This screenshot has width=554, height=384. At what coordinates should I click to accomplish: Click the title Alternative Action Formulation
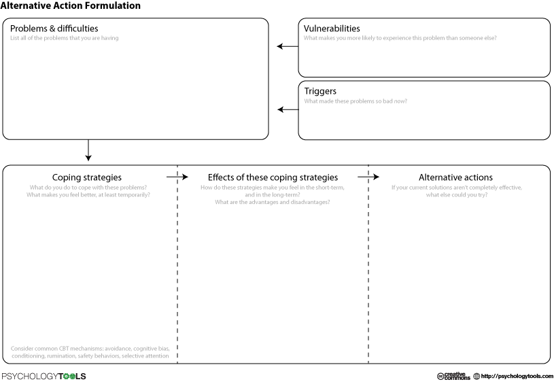point(70,5)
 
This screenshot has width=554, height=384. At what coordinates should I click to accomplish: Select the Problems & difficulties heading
point(54,29)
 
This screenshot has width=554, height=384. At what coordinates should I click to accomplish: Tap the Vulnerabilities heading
point(332,29)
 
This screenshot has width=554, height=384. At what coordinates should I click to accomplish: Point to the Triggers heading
point(320,91)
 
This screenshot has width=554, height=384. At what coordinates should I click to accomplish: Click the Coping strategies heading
point(87,177)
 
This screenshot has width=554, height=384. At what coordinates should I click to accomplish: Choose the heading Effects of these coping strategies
point(273,177)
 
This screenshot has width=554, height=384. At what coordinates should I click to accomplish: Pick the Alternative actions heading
point(456,177)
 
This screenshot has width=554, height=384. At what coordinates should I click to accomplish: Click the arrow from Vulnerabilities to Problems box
point(288,46)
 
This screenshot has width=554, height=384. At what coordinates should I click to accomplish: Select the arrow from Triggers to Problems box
point(288,109)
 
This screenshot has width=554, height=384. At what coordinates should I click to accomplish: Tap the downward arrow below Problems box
point(88,150)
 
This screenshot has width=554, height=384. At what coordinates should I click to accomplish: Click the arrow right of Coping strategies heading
point(177,177)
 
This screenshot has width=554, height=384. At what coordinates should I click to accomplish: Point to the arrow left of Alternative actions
point(368,177)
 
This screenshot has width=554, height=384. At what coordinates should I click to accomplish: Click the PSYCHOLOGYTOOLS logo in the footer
point(44,377)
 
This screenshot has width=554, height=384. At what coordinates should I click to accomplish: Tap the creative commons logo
point(453,376)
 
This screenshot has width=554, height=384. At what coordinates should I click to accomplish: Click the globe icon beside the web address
point(477,377)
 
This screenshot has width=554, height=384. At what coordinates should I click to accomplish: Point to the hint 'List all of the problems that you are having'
point(65,38)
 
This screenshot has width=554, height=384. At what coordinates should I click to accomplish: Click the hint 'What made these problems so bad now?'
point(356,101)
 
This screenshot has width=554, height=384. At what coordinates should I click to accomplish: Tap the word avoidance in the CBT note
point(118,349)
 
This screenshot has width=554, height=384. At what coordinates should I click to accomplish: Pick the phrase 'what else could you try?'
point(457,194)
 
